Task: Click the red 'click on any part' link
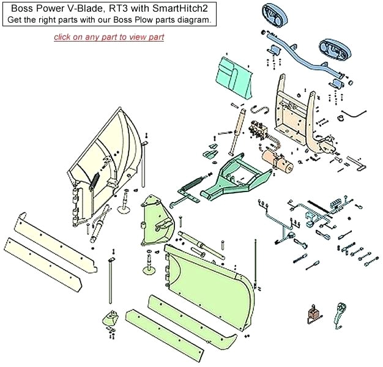click(109, 37)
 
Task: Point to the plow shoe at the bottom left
click(111, 319)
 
